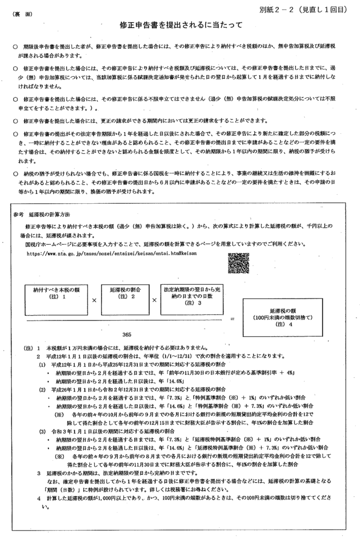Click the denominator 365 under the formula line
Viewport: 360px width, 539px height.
pos(127,334)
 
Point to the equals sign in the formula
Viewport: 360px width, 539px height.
pos(233,319)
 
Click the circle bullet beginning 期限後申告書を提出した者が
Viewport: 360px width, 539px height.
pos(16,47)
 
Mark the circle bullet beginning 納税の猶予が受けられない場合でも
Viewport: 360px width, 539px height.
pos(16,173)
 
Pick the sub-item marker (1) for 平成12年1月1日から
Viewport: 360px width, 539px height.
pos(42,364)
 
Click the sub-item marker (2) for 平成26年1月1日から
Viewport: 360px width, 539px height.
pos(42,390)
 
